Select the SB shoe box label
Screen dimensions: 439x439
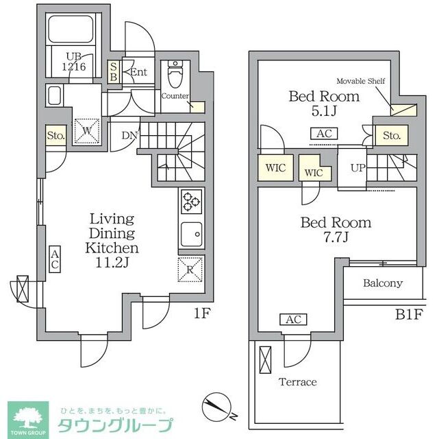(x=114, y=71)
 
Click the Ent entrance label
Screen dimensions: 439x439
(x=139, y=72)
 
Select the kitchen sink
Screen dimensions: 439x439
(x=190, y=235)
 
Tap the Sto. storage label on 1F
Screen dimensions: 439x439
(x=55, y=136)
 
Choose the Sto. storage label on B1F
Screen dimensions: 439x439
(x=391, y=136)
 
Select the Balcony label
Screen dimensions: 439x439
(x=383, y=283)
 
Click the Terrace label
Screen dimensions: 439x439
(x=297, y=382)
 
